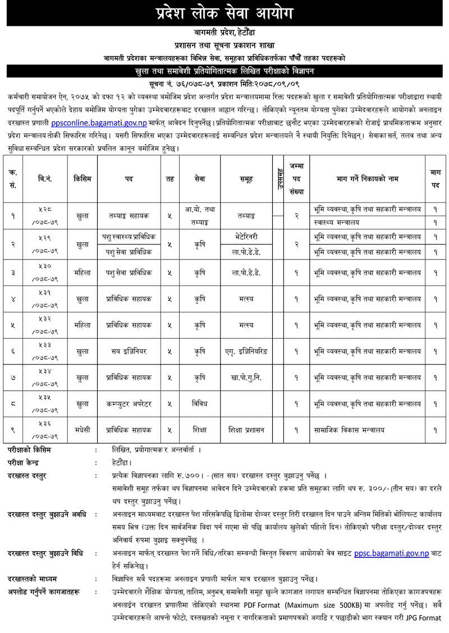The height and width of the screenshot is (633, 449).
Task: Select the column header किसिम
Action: click(83, 179)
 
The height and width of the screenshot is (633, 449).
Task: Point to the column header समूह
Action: click(246, 179)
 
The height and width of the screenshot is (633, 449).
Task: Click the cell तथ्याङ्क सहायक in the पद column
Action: click(130, 215)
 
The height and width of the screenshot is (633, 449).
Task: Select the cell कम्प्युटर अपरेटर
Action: click(130, 403)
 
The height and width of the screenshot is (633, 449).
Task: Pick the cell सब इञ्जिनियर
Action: click(130, 351)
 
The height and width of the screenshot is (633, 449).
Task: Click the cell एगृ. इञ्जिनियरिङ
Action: click(246, 351)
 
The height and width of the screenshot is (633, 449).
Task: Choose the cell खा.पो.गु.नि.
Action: click(246, 377)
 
